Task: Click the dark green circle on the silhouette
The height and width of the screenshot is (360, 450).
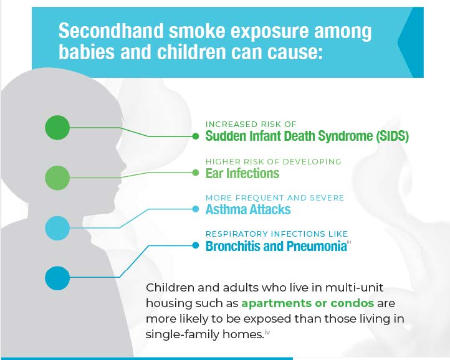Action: [57, 128]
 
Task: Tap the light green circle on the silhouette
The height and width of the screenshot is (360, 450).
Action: [57, 178]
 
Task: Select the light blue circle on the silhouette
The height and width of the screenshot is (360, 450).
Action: [57, 228]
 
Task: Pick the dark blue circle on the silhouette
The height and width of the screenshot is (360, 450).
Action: [57, 278]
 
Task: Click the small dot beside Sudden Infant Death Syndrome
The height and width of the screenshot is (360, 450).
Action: [196, 136]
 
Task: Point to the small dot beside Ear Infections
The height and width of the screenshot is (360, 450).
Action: [196, 173]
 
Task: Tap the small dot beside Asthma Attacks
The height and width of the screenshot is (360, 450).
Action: [196, 209]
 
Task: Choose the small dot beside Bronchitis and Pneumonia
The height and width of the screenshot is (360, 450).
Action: [196, 245]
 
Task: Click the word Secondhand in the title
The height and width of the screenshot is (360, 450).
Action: [111, 31]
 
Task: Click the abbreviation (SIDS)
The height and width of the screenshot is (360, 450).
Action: [392, 136]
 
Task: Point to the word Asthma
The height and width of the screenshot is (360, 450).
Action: [224, 209]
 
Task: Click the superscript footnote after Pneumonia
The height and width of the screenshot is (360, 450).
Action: [349, 242]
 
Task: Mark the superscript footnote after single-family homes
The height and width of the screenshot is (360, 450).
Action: [267, 332]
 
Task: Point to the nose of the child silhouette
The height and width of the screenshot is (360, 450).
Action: [123, 165]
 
